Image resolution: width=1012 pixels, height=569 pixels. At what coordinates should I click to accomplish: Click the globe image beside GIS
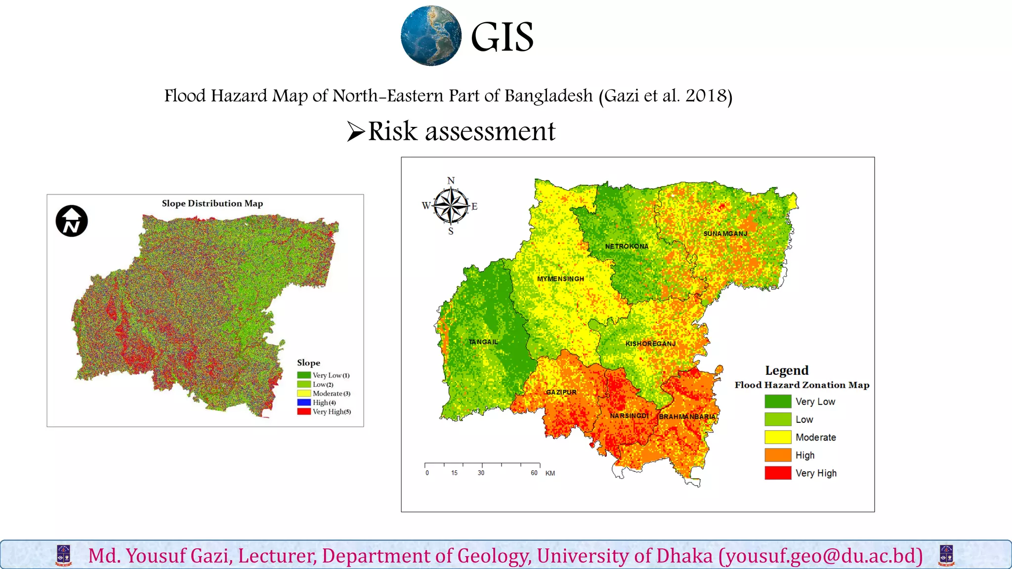431,36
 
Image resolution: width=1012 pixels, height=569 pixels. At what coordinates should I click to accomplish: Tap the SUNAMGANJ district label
725,234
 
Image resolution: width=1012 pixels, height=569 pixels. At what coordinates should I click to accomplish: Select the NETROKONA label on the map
627,246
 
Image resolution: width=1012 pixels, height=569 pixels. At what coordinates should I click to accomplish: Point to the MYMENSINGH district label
560,279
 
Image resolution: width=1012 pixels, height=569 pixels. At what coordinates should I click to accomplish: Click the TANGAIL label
483,342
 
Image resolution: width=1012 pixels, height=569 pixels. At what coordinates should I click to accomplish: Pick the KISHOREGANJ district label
650,344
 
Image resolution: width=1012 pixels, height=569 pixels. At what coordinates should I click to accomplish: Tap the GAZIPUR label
561,392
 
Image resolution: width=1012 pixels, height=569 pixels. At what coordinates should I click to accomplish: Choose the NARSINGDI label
629,416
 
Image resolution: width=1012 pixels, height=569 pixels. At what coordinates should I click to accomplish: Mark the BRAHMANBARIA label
687,417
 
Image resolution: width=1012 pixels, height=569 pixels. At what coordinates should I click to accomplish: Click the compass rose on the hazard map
451,205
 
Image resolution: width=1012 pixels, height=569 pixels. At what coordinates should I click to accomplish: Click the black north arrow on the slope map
72,221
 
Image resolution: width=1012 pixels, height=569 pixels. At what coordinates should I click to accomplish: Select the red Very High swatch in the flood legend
778,473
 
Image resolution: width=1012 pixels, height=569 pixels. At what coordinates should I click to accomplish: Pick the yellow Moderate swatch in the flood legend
778,437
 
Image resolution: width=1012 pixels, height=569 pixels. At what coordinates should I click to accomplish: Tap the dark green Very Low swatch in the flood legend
778,402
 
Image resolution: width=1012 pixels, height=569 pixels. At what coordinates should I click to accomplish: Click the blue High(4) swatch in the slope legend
304,403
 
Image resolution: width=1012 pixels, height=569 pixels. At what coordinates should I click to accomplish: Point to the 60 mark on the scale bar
534,473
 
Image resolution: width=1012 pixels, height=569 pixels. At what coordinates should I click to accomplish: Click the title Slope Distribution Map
212,203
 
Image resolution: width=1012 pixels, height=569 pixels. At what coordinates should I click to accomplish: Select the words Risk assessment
462,131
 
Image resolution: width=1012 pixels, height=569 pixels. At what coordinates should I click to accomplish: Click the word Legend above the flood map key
787,370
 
